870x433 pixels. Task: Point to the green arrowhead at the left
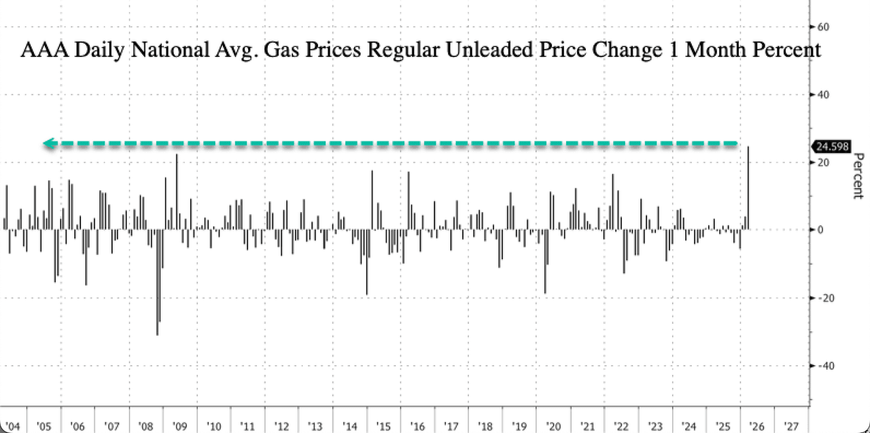pos(48,143)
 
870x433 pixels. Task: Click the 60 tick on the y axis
pos(823,27)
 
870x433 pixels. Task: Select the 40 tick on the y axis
pos(823,94)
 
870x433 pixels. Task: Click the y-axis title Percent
pos(858,176)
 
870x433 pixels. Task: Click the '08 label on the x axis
pos(145,426)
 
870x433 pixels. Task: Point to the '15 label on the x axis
pos(383,426)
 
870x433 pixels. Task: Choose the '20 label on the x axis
pos(553,426)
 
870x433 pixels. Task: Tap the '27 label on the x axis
pos(791,426)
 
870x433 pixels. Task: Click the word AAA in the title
pos(38,51)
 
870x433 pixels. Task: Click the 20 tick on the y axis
pos(823,162)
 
